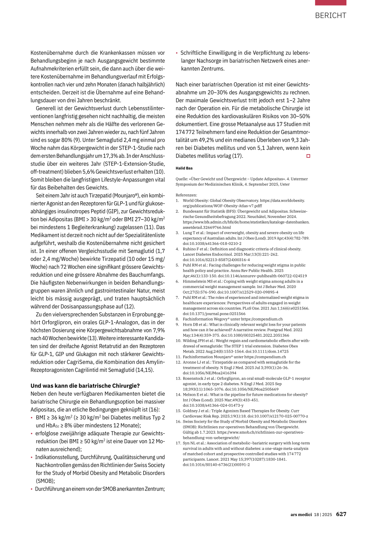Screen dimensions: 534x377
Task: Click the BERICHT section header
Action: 330,15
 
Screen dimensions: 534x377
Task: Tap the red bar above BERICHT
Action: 330,3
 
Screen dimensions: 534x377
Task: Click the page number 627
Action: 341,514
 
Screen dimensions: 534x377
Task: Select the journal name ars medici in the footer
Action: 301,514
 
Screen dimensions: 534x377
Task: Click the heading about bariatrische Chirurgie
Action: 85,386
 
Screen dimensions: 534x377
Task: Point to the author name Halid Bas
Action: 184,168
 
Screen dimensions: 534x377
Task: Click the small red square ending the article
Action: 308,156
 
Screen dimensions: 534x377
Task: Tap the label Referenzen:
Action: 186,195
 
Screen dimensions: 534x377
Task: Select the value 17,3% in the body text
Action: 112,156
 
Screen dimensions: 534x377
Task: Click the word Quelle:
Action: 182,179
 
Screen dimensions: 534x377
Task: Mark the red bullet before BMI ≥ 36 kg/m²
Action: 32,418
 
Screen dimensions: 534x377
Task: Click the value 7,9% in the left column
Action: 158,330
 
